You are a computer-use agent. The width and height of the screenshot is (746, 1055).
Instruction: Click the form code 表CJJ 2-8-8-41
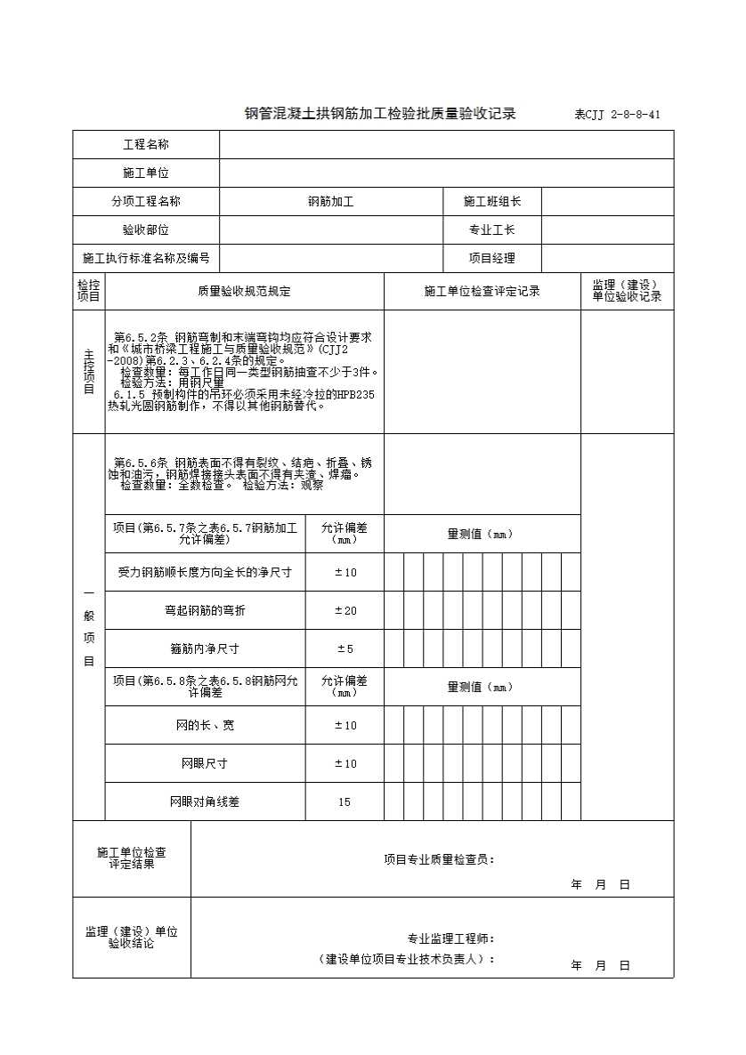pyautogui.click(x=617, y=115)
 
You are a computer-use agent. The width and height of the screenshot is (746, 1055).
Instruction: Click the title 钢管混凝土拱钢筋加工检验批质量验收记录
pyautogui.click(x=380, y=114)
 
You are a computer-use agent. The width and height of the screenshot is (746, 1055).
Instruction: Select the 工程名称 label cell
pyautogui.click(x=146, y=145)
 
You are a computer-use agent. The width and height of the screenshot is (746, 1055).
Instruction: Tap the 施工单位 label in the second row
pyautogui.click(x=146, y=173)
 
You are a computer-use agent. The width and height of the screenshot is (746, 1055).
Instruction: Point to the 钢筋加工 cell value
pyautogui.click(x=330, y=202)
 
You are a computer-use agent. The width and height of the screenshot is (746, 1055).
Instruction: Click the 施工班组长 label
pyautogui.click(x=492, y=202)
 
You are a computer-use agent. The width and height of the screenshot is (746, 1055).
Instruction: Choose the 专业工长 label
pyautogui.click(x=492, y=230)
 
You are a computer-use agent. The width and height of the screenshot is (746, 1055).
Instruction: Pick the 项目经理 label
pyautogui.click(x=492, y=259)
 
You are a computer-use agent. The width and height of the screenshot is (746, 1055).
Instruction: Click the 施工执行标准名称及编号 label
pyautogui.click(x=146, y=259)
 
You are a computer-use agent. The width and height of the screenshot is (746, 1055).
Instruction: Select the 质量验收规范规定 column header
pyautogui.click(x=244, y=291)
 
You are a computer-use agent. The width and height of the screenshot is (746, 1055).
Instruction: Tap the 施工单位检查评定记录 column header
pyautogui.click(x=482, y=291)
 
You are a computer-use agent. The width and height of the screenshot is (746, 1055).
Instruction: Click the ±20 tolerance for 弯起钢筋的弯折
pyautogui.click(x=345, y=610)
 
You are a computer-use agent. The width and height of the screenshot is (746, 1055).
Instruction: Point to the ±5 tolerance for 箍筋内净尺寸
pyautogui.click(x=345, y=648)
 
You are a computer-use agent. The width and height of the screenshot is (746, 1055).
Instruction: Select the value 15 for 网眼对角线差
pyautogui.click(x=345, y=801)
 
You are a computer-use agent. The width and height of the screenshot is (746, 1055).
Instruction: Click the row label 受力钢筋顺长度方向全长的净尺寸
pyautogui.click(x=205, y=572)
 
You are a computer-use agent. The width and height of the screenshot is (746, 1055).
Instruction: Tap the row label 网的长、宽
pyautogui.click(x=205, y=725)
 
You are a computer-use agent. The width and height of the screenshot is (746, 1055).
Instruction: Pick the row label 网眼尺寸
pyautogui.click(x=205, y=763)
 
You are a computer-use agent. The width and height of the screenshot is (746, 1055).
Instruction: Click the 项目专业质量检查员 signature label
pyautogui.click(x=439, y=859)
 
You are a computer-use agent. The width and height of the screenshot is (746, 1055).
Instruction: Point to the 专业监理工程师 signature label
pyautogui.click(x=450, y=938)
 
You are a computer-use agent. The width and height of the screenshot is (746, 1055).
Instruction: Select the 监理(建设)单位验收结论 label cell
pyautogui.click(x=132, y=938)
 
